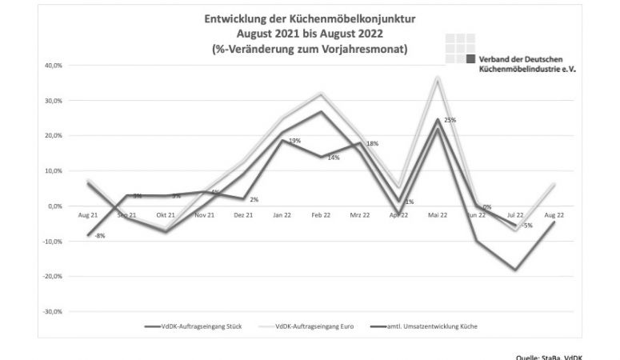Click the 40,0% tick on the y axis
coord(41,66)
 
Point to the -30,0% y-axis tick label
coord(39,311)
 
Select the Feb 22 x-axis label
coord(322,216)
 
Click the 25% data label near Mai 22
coord(450,120)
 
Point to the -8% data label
coord(99,235)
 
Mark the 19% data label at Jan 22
coord(295,141)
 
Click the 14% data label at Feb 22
coord(334,158)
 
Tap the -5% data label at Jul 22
coord(527,226)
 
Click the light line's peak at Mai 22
coord(438,78)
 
